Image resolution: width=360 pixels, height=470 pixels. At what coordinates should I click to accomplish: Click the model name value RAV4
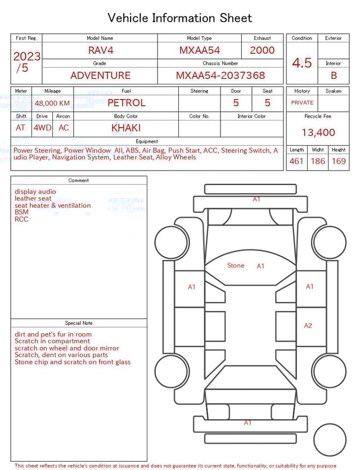pyautogui.click(x=101, y=50)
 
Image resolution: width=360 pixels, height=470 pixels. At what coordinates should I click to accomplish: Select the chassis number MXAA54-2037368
pyautogui.click(x=220, y=75)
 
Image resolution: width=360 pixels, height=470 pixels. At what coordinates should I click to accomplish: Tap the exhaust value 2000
pyautogui.click(x=262, y=50)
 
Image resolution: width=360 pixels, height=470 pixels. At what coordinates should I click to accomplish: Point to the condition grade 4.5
pyautogui.click(x=301, y=63)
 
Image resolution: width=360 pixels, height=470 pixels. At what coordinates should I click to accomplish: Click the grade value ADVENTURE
pyautogui.click(x=100, y=75)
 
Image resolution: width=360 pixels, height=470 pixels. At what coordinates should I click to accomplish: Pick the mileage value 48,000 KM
pyautogui.click(x=52, y=103)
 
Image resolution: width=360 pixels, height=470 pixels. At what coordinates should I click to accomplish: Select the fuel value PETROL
pyautogui.click(x=126, y=103)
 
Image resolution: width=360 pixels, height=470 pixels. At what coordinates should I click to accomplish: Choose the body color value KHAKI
pyautogui.click(x=126, y=128)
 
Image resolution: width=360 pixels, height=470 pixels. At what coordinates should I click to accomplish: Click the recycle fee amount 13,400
pyautogui.click(x=318, y=132)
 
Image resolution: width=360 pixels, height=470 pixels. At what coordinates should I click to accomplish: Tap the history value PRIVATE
pyautogui.click(x=302, y=102)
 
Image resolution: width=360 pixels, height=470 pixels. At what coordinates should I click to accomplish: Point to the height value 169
pyautogui.click(x=339, y=162)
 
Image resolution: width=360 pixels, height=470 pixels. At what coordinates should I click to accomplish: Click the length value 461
pyautogui.click(x=296, y=162)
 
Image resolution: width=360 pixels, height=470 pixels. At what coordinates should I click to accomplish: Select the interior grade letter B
pyautogui.click(x=334, y=75)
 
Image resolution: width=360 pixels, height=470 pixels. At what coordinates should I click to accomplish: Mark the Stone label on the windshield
pyautogui.click(x=236, y=265)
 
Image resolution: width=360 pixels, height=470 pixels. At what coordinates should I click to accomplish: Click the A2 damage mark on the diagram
pyautogui.click(x=308, y=325)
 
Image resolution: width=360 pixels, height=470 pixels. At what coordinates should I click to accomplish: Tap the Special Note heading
pyautogui.click(x=79, y=323)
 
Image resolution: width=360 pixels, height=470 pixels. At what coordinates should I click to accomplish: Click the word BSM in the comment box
pyautogui.click(x=21, y=212)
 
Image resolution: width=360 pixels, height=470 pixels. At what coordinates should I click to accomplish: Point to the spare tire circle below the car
pyautogui.click(x=330, y=440)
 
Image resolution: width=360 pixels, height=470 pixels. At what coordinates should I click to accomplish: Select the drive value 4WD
pyautogui.click(x=42, y=128)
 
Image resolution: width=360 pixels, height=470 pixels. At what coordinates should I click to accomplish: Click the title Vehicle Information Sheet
pyautogui.click(x=180, y=18)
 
